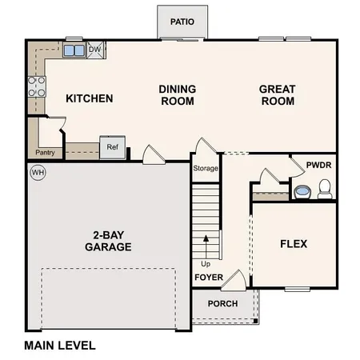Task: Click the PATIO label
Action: point(182,22)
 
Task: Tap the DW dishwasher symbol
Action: point(94,50)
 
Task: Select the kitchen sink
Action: point(74,50)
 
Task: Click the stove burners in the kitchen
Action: point(37,86)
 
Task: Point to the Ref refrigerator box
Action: point(112,147)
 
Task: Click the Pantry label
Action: point(45,152)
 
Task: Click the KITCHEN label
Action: point(89,99)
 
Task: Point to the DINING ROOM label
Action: point(178,95)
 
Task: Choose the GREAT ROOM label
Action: point(278,95)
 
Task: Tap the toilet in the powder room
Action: point(325,190)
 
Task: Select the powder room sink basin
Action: point(302,192)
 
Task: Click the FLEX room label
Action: point(292,244)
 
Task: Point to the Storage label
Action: point(205,169)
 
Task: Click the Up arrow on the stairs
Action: point(206,244)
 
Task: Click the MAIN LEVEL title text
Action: point(60,346)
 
